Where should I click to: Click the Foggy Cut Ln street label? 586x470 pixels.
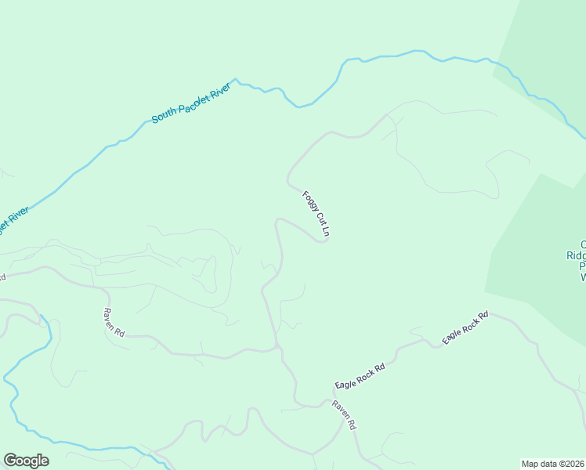tap(317, 214)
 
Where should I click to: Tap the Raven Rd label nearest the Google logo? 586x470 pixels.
tap(114, 322)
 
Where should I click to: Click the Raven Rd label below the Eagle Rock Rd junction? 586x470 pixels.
tap(345, 415)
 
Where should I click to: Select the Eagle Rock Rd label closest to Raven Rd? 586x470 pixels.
tap(360, 377)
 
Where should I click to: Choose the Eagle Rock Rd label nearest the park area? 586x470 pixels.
tap(465, 328)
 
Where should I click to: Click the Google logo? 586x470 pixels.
tap(26, 461)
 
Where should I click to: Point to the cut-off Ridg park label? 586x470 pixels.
tap(576, 255)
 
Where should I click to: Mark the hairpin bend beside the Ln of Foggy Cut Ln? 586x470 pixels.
tap(323, 240)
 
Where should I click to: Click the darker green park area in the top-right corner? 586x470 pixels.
tap(548, 39)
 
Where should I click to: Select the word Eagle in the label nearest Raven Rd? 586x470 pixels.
tap(346, 384)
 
